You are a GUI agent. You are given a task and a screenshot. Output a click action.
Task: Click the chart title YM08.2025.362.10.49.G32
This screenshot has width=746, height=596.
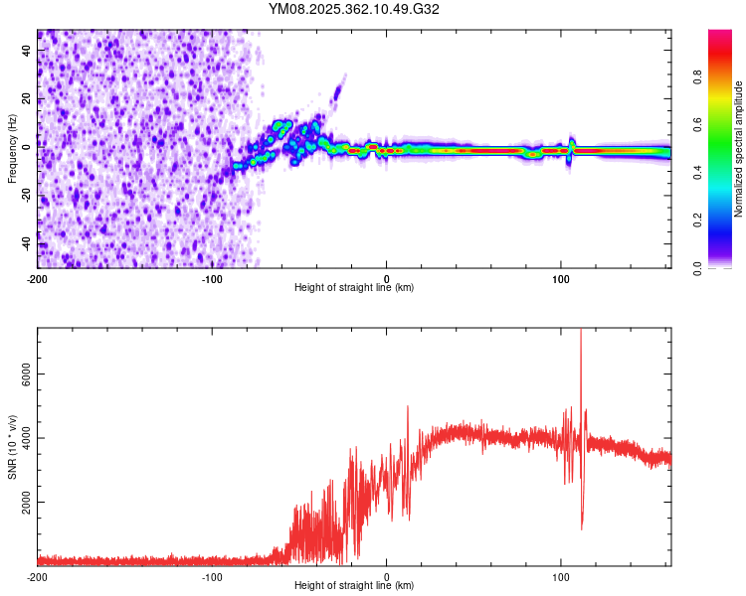[x=354, y=9]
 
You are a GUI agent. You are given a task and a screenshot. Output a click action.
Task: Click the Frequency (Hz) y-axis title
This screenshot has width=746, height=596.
[x=12, y=149]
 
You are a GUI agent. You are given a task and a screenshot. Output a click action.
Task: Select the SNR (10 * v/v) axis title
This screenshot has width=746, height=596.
[x=12, y=447]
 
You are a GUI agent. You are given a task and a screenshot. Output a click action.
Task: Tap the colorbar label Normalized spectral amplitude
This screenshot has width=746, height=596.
[x=739, y=149]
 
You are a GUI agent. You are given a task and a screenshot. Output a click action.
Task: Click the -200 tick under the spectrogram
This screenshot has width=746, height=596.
[x=38, y=277]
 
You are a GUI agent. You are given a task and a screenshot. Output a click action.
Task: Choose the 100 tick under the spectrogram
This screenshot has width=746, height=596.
[x=560, y=277]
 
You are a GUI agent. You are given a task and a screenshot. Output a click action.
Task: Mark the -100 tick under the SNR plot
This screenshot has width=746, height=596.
[x=212, y=576]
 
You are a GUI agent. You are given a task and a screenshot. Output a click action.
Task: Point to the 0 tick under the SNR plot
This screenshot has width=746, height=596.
[x=386, y=576]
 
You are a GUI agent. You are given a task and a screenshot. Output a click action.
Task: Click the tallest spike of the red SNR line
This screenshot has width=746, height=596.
[x=580, y=332]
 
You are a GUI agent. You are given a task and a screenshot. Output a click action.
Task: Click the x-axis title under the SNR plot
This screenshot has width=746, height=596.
[x=354, y=586]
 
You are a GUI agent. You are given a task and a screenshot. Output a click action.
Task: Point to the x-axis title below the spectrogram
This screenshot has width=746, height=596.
[x=354, y=288]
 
